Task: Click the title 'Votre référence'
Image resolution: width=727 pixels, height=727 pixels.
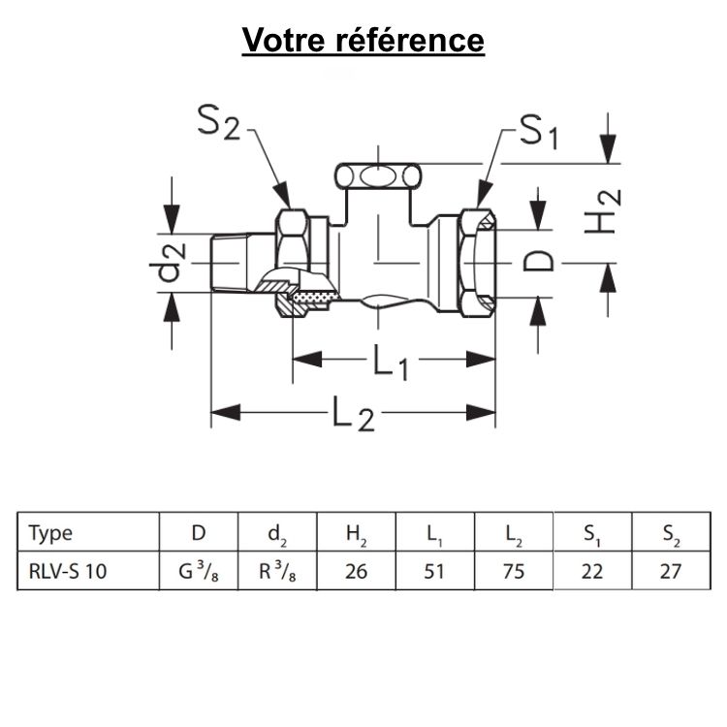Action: coord(363,41)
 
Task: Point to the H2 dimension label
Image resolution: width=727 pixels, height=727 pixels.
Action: coord(603,211)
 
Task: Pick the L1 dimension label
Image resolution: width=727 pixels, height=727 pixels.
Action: coord(391,363)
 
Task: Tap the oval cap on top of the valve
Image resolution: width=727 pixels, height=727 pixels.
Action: coord(378,176)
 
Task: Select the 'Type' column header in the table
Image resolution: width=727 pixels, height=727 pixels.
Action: coord(50,532)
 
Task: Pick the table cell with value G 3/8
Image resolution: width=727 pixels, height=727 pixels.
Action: coord(198,571)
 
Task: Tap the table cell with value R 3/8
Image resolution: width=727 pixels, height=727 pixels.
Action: coord(277,571)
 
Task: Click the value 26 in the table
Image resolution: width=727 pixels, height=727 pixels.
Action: coord(356,571)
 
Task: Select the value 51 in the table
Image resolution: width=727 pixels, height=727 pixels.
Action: coord(434,571)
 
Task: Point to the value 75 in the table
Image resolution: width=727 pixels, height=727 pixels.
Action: coord(514,571)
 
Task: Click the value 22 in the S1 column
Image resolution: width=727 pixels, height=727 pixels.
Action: coord(591,571)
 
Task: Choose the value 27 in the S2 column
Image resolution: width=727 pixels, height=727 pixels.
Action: coord(670,571)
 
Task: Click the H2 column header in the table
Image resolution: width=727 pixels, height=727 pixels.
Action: coord(357,532)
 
